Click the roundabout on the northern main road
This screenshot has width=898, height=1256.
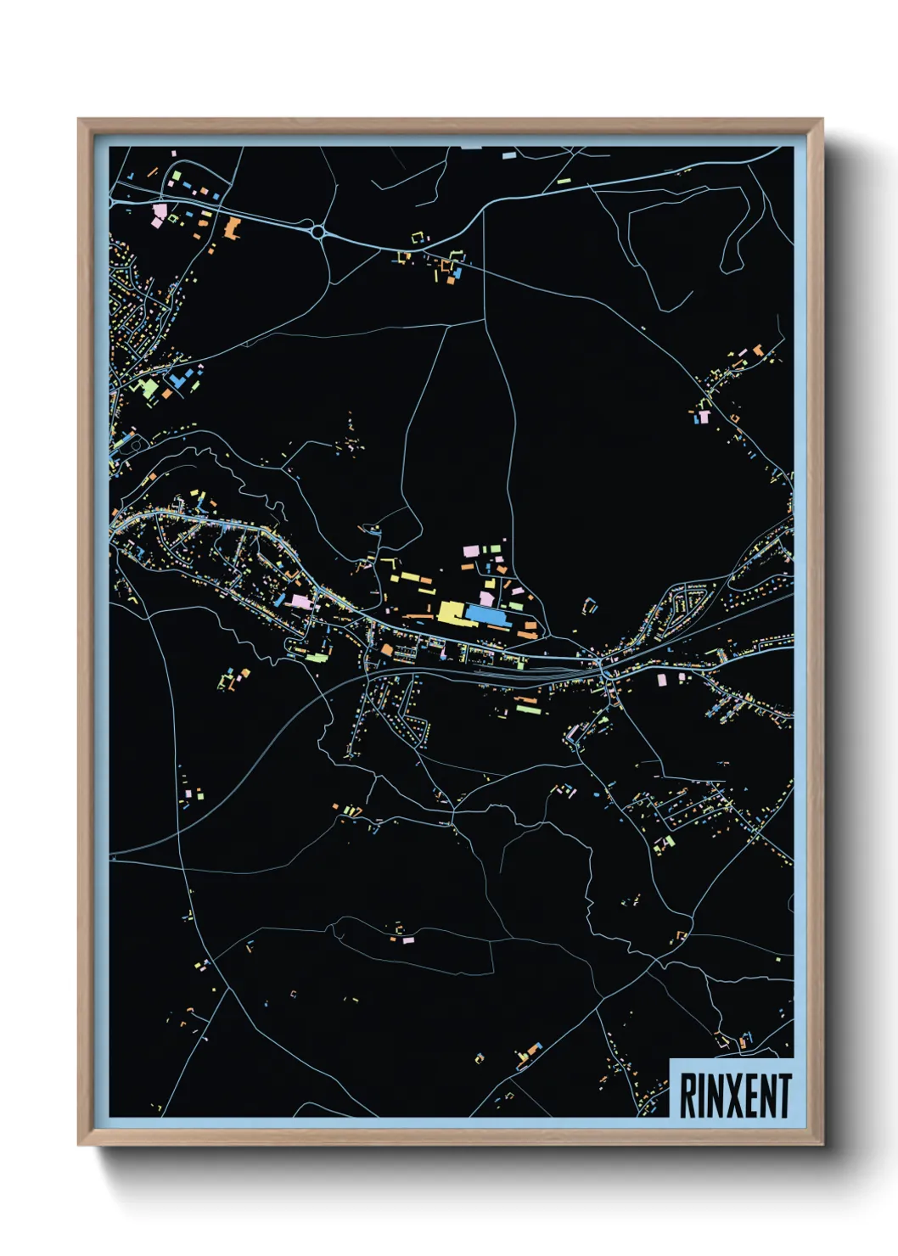coord(317,230)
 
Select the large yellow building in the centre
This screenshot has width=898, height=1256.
coord(451,612)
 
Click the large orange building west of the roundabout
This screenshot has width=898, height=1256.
coord(232,226)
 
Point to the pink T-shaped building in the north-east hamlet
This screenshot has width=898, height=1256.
coord(703,416)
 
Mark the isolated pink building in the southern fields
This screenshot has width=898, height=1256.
coord(408,939)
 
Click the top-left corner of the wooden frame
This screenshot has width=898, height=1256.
coord(80,121)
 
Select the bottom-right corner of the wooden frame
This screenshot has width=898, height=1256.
coord(821,1143)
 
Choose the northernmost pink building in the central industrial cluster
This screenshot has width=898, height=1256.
coord(469,551)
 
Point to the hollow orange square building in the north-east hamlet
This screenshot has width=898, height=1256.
coord(734,418)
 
